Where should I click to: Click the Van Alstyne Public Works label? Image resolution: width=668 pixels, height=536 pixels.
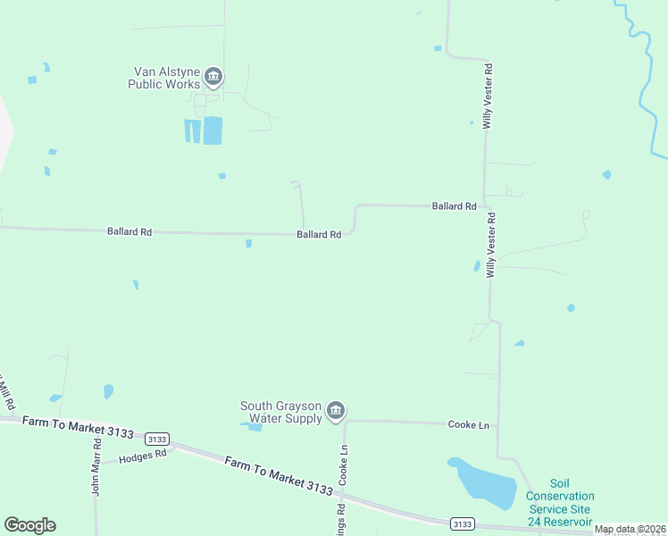166,78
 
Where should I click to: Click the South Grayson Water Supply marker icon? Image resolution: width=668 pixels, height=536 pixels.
336,411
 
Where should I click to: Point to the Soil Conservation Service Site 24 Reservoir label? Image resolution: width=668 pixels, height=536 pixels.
559,502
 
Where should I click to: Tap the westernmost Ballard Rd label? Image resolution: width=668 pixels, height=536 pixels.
129,231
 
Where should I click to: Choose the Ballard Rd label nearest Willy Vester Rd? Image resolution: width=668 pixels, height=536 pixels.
454,205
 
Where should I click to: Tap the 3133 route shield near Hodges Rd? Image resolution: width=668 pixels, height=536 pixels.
157,439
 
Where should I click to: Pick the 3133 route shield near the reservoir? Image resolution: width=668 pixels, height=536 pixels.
463,523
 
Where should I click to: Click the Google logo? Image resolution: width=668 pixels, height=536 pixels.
29,525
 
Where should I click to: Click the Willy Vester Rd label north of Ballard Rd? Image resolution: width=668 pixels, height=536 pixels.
488,96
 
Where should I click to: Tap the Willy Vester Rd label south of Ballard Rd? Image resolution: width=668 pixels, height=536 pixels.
490,245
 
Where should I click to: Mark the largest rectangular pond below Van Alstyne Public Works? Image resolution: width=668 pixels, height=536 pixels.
213,130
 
